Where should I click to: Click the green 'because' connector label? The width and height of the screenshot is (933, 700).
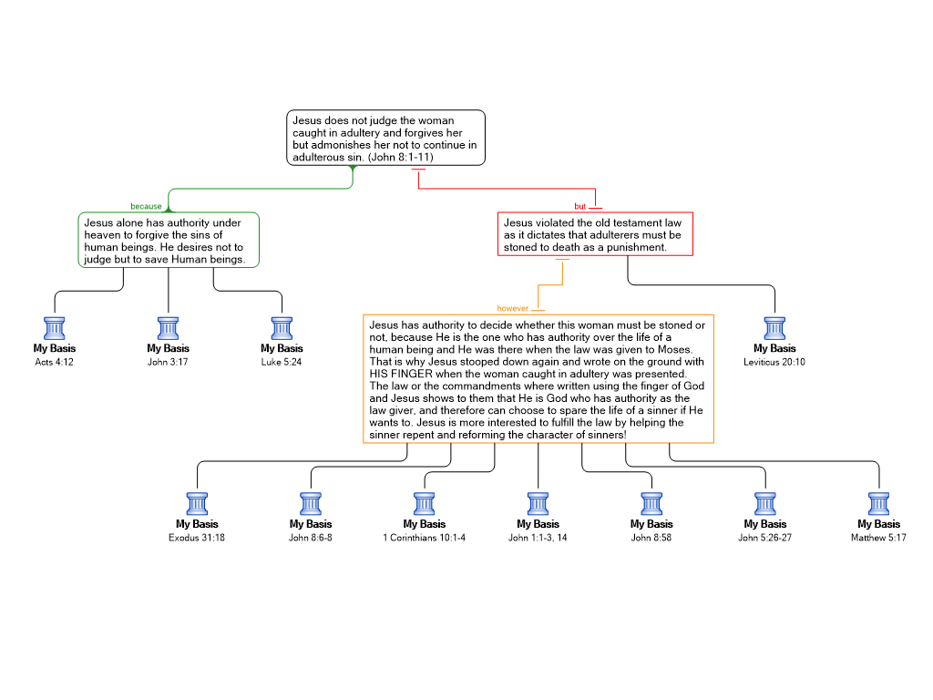click(146, 207)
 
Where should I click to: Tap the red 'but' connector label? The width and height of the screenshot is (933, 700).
click(579, 207)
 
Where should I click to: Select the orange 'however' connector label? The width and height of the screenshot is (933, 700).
click(512, 308)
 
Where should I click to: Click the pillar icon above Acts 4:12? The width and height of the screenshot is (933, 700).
click(54, 328)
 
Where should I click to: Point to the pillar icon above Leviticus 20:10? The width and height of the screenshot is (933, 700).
click(774, 328)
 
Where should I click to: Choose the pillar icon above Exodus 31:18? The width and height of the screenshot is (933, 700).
click(197, 503)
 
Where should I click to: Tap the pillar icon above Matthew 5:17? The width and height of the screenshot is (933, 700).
click(878, 503)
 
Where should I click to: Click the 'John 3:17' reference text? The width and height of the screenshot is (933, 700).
click(168, 362)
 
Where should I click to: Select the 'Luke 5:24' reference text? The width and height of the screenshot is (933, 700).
click(282, 362)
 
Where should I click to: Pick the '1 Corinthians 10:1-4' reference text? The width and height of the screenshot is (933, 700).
click(425, 538)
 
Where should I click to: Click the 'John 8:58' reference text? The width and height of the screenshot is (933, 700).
click(651, 538)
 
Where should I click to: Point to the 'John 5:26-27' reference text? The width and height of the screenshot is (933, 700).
click(765, 538)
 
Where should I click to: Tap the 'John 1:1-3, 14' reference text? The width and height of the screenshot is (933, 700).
click(538, 538)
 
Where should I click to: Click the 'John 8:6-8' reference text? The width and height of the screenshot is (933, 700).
click(311, 538)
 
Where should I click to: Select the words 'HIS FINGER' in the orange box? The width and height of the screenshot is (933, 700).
click(401, 374)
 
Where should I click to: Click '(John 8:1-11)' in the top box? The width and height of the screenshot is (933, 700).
click(401, 157)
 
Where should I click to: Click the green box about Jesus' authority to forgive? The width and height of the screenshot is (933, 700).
click(169, 240)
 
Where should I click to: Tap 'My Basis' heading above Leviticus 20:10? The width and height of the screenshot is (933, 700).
click(774, 348)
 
